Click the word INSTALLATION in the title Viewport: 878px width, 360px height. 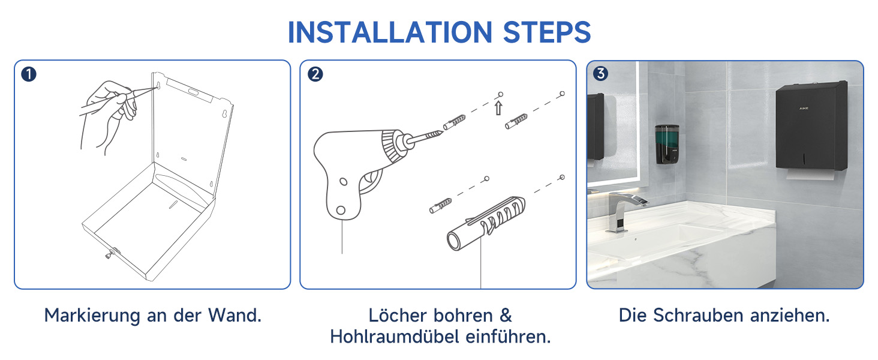pos(390,32)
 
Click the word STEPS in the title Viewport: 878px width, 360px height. pos(547,32)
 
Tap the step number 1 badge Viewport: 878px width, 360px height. pos(29,74)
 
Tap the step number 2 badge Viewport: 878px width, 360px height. pos(315,74)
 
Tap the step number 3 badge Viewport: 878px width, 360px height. pos(600,73)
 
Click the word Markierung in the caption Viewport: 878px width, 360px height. pos(92,316)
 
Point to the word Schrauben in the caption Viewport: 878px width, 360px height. pos(698,315)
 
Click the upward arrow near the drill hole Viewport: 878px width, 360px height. pos(498,108)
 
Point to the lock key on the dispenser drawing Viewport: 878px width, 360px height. pos(112,254)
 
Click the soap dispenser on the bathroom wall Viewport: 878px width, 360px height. pos(667,145)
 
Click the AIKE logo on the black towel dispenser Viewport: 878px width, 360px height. pos(804,108)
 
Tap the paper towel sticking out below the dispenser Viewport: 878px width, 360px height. pos(811,175)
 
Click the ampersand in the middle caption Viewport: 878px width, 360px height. pos(506,316)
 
